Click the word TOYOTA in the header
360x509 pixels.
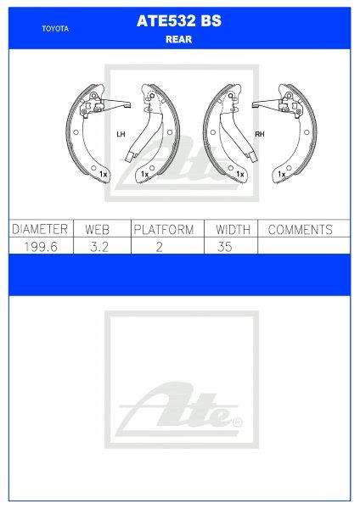coord(55,28)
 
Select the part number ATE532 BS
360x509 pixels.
coord(179,22)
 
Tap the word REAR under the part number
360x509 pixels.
coord(179,38)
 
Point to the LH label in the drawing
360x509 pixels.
coord(120,134)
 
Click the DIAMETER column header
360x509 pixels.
coord(39,229)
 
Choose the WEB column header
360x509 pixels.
coord(98,229)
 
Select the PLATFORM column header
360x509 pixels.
coord(164,229)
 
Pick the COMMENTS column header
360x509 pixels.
coord(300,229)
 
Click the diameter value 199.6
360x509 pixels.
coord(39,246)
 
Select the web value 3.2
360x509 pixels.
coord(98,246)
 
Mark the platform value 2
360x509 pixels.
coord(164,246)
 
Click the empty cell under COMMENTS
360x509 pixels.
coord(301,246)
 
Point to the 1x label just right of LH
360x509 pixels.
coord(143,174)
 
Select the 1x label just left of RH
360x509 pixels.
coord(240,174)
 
